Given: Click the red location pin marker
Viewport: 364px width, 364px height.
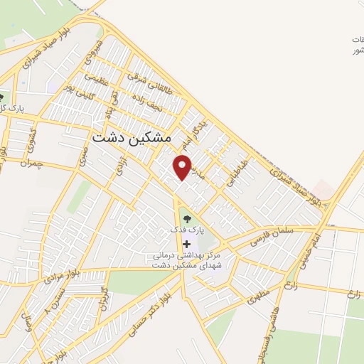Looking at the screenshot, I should (x=183, y=166).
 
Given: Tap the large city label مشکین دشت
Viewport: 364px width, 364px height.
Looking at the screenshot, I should (x=133, y=138).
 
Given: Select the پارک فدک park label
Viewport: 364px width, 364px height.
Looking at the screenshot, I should (x=187, y=230).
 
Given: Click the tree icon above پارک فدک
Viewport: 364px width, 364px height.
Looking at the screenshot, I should (x=187, y=218).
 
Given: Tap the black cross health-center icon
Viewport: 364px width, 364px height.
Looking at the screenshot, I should (x=187, y=244).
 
